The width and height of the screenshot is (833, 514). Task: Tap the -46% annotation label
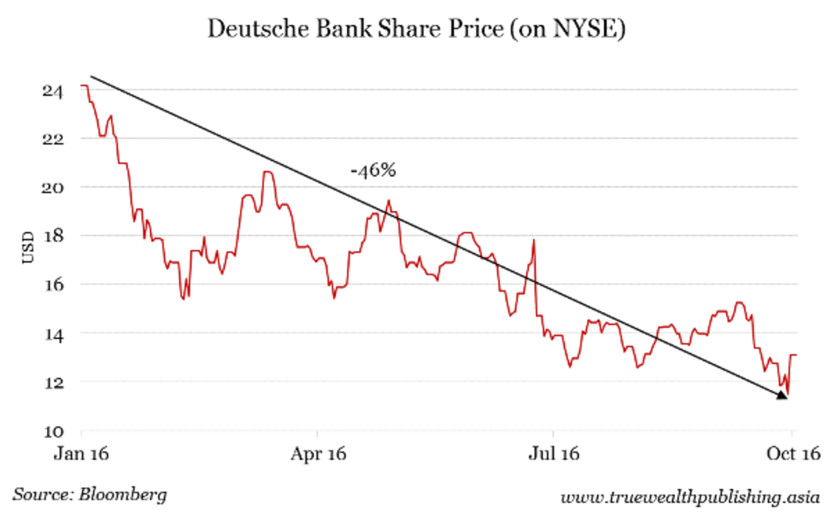click(373, 170)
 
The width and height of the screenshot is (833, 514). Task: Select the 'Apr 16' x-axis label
click(317, 454)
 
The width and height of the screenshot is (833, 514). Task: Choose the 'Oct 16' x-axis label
click(792, 454)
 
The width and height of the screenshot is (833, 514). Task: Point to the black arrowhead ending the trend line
click(782, 395)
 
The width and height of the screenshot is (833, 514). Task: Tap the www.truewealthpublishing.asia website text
click(691, 497)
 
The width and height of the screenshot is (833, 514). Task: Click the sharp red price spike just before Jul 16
click(534, 241)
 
